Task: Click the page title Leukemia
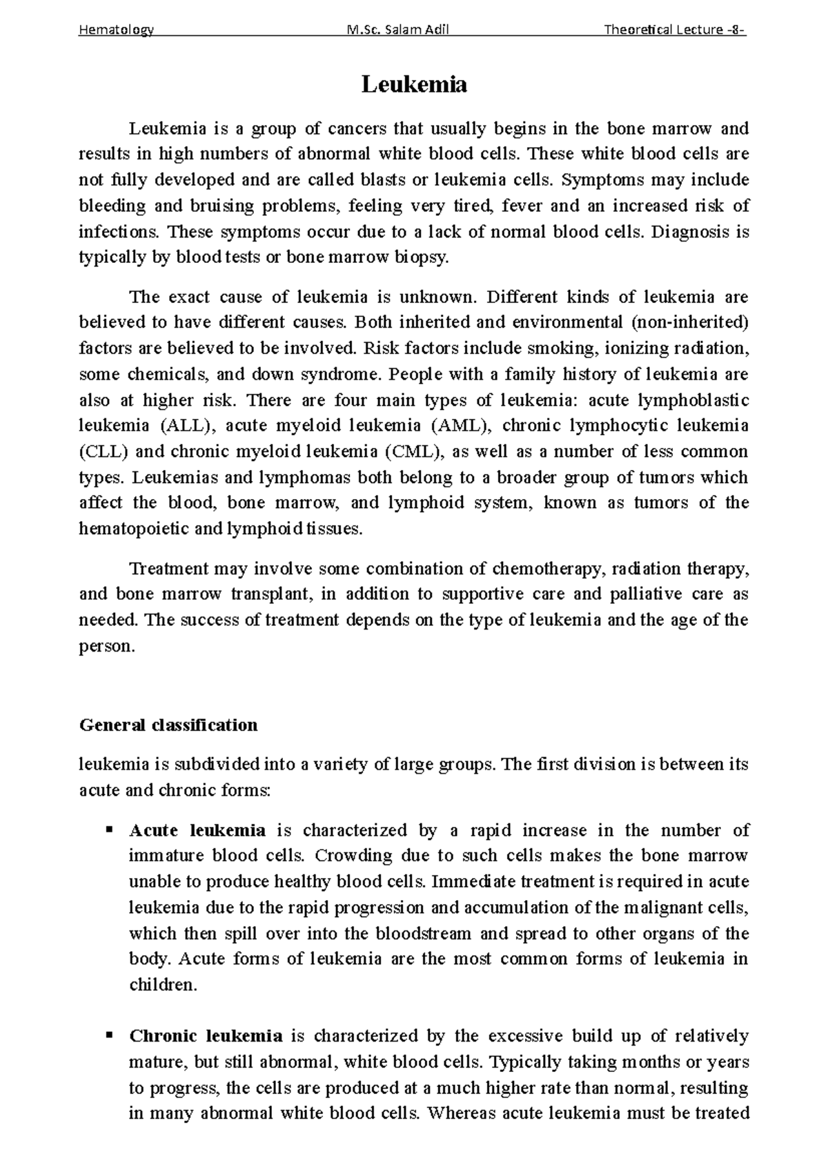pos(414,84)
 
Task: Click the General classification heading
pos(169,725)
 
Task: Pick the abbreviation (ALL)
pos(182,426)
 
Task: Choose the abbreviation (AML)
pos(461,426)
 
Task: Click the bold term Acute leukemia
pos(197,830)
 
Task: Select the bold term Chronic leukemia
pos(206,1035)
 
